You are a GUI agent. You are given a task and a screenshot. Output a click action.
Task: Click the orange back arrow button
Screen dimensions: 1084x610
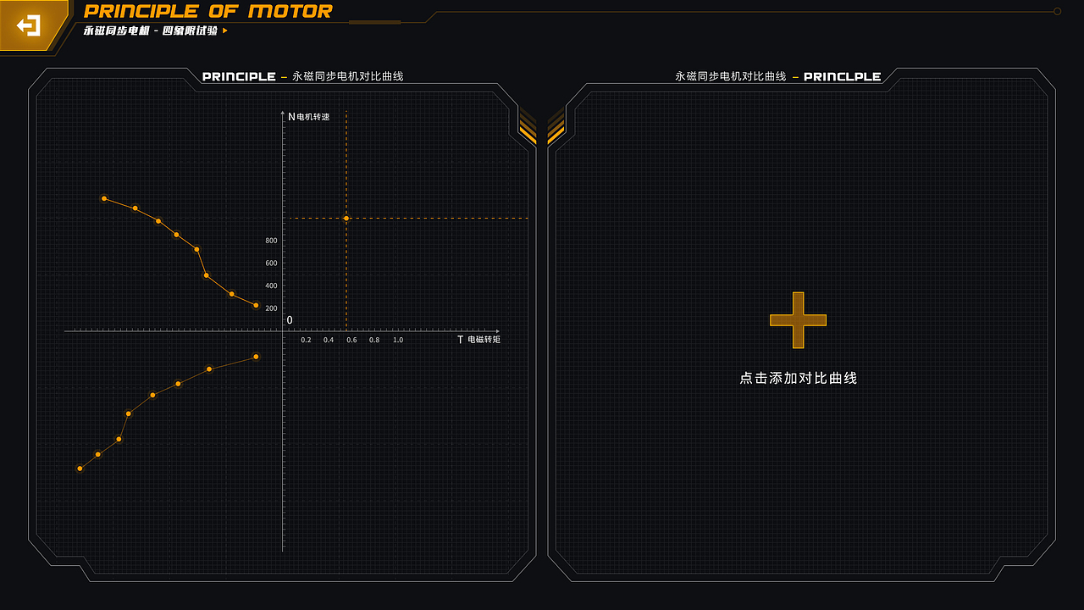point(29,25)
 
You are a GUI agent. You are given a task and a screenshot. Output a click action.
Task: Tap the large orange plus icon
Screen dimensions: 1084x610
point(798,320)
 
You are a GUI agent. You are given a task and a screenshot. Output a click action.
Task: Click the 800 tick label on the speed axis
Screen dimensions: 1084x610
point(271,241)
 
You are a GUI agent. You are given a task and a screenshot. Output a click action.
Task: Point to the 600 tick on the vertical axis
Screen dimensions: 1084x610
point(271,263)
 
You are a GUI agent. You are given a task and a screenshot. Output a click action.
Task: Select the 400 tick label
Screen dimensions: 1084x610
point(271,286)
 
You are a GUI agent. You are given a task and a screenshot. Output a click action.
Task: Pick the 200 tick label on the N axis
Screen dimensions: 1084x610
point(271,308)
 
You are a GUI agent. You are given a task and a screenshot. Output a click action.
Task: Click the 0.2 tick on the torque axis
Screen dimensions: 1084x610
point(306,340)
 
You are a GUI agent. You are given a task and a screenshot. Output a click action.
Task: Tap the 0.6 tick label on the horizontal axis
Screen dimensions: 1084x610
point(351,340)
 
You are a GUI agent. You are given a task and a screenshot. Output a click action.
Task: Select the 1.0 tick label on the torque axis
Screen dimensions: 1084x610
point(398,340)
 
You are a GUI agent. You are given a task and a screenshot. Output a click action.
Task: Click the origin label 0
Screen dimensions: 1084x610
point(290,320)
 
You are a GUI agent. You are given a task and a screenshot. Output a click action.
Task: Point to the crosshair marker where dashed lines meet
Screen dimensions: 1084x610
point(346,219)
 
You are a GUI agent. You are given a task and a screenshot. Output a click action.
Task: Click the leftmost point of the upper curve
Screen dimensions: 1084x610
point(104,198)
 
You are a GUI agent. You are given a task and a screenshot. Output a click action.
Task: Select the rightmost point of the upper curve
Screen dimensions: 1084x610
point(256,306)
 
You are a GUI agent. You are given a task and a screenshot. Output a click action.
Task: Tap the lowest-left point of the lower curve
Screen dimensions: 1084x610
point(80,469)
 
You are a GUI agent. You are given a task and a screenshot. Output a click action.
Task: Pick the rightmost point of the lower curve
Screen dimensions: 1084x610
point(256,357)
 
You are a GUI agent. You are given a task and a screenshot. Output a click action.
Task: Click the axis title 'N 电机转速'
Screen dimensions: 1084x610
point(309,117)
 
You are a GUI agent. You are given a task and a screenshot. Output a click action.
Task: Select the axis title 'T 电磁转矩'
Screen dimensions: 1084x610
point(478,340)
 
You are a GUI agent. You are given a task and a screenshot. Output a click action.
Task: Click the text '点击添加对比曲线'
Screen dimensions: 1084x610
point(798,378)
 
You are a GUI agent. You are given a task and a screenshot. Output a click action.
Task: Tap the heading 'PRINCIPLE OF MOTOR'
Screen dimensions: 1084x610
point(208,11)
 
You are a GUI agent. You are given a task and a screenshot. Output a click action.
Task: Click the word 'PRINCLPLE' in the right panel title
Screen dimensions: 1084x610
point(842,76)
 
